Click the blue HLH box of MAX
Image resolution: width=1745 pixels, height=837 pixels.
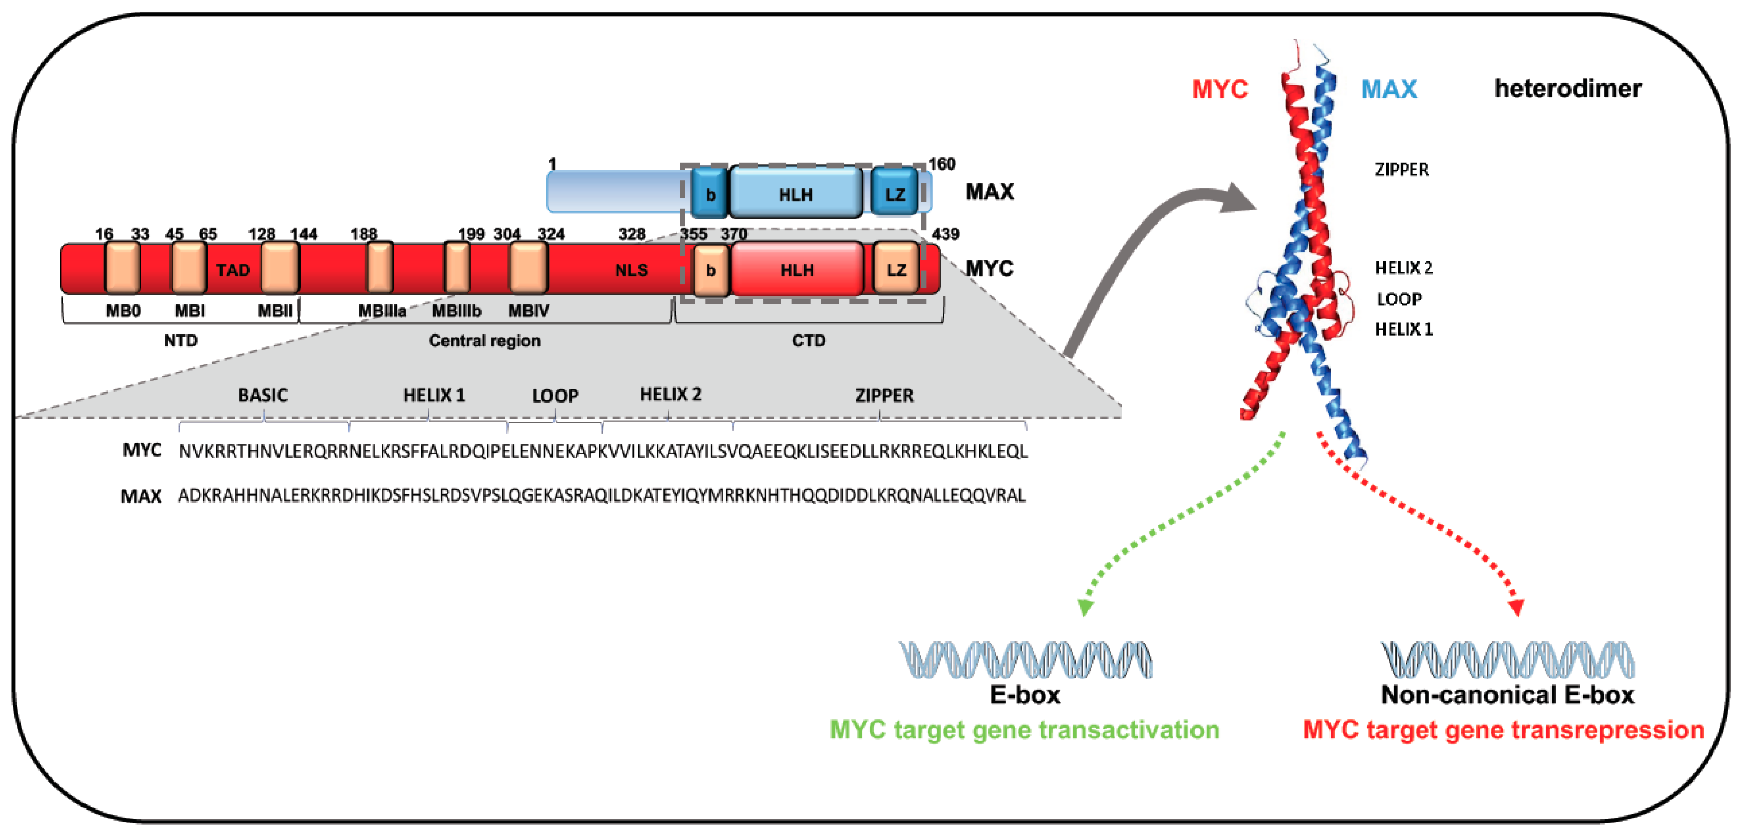pyautogui.click(x=795, y=193)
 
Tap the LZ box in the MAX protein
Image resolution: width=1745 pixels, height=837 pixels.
pyautogui.click(x=894, y=193)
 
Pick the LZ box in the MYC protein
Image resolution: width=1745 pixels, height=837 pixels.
pyautogui.click(x=896, y=269)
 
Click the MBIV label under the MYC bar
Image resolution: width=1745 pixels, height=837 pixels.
pyautogui.click(x=529, y=311)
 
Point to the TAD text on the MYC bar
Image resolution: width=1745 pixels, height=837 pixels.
pyautogui.click(x=233, y=270)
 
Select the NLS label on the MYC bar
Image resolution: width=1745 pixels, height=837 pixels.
pyautogui.click(x=631, y=270)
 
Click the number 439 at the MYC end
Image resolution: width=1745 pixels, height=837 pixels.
pyautogui.click(x=945, y=234)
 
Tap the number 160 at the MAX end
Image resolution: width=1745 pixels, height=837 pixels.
pyautogui.click(x=941, y=164)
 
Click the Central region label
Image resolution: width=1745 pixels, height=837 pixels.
pyautogui.click(x=484, y=341)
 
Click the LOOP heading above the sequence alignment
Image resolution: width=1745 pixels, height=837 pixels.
pyautogui.click(x=555, y=396)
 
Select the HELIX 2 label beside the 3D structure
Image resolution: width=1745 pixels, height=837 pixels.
pyautogui.click(x=1403, y=268)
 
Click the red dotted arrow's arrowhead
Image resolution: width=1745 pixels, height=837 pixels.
pyautogui.click(x=1516, y=607)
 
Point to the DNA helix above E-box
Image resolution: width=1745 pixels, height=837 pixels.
pyautogui.click(x=1025, y=660)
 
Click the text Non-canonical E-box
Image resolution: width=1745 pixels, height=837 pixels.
pyautogui.click(x=1507, y=695)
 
